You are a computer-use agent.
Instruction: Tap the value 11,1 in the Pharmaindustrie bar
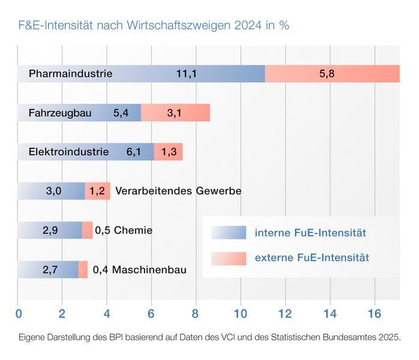(186, 74)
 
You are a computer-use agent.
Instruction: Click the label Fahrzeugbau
(60, 113)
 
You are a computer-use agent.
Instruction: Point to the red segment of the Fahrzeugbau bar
(175, 113)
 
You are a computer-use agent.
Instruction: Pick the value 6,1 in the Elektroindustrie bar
(134, 152)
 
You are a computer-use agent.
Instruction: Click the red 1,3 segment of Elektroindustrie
(168, 152)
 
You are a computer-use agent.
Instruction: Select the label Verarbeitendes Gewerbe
(178, 191)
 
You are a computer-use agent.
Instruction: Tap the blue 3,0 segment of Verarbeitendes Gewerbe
(53, 191)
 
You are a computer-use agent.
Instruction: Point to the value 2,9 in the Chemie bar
(50, 230)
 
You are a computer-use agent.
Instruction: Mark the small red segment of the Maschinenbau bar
(83, 270)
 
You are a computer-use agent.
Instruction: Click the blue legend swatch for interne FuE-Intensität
(228, 233)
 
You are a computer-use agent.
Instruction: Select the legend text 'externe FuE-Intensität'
(312, 258)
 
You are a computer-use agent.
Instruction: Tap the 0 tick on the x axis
(19, 313)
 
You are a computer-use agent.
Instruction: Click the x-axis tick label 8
(195, 313)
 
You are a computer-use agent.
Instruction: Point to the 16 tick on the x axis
(373, 313)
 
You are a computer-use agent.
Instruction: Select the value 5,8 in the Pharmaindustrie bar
(327, 74)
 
